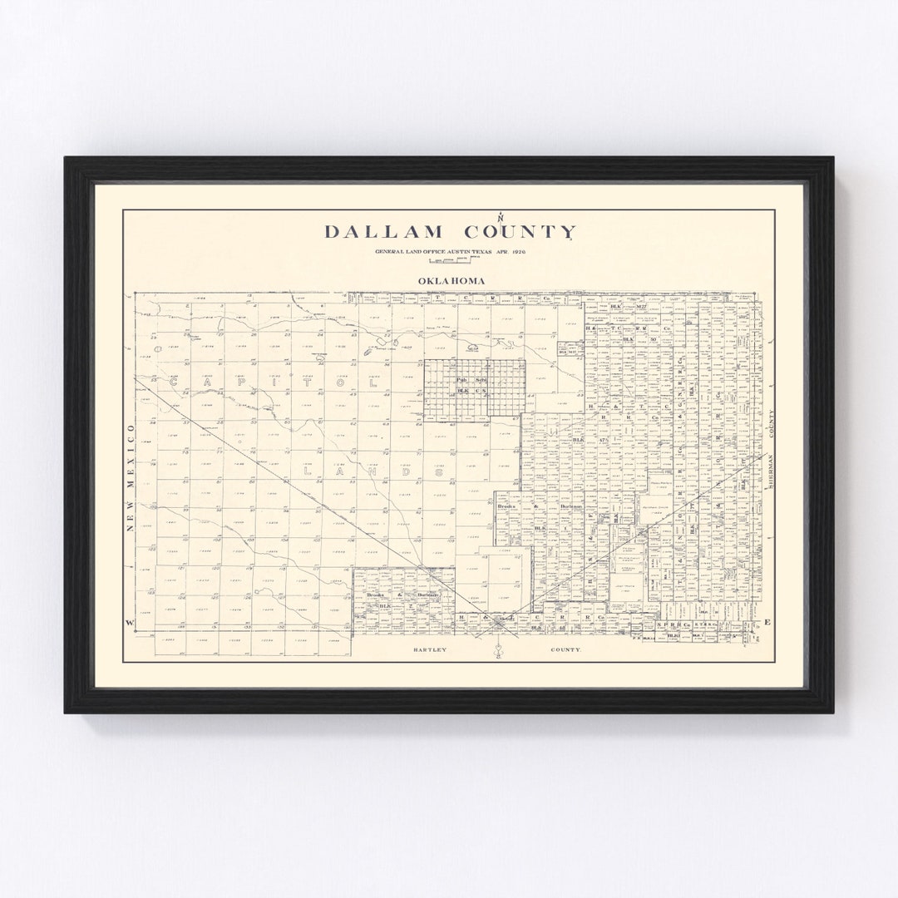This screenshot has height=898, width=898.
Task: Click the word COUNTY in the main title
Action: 520,232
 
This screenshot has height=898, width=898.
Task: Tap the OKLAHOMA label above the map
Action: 451,281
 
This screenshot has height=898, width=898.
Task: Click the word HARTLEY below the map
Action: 430,649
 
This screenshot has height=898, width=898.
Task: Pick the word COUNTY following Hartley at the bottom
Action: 565,649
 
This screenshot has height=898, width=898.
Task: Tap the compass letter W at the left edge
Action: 129,623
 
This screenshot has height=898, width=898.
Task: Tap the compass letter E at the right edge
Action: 767,623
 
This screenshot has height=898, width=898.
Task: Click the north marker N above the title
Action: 500,218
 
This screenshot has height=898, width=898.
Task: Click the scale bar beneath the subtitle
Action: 449,261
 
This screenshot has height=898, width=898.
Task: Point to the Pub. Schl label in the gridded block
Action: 461,380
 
